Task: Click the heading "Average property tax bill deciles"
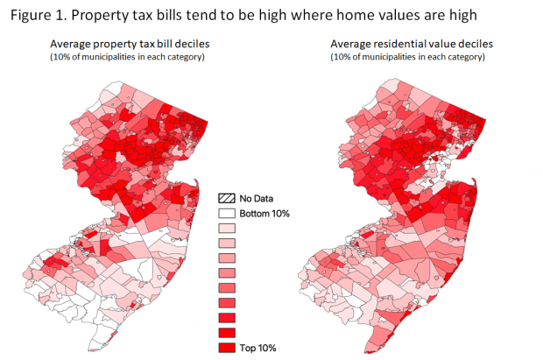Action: pos(130,44)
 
